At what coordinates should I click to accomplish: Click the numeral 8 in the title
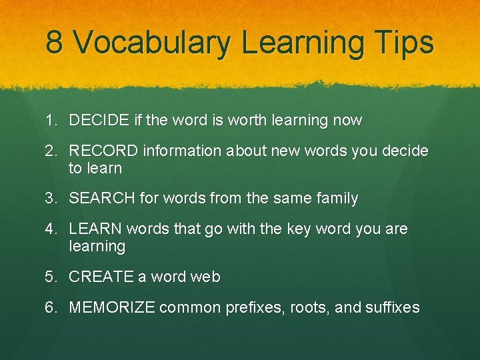(55, 42)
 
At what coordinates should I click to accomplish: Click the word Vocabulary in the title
(151, 43)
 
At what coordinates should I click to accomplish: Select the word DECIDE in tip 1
(99, 121)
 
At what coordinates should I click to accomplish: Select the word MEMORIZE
(112, 307)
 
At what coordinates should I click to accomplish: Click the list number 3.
(51, 198)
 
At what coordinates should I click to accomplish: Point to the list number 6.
(51, 307)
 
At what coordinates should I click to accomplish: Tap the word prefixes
(254, 307)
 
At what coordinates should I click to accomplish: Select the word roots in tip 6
(311, 308)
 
